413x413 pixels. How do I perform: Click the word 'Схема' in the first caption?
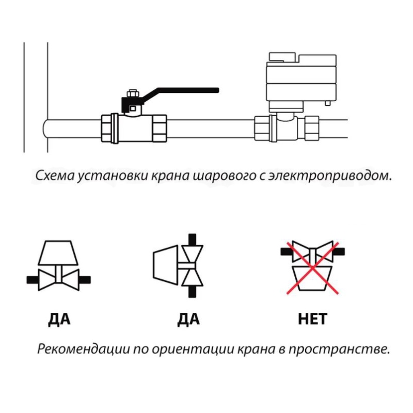click(54, 175)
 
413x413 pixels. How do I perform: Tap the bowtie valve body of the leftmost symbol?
click(58, 279)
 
